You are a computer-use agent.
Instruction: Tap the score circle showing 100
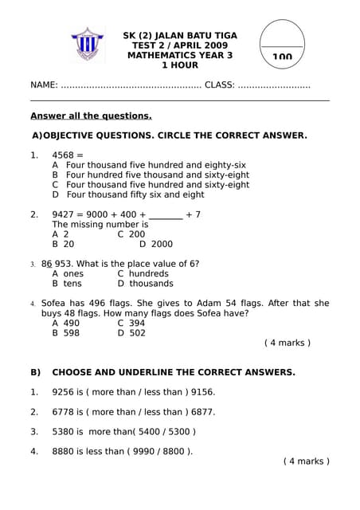(x=282, y=47)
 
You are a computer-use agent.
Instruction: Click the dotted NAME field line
(x=131, y=85)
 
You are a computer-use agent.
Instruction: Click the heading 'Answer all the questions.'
(x=91, y=116)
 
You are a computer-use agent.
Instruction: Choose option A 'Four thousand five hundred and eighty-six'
(x=149, y=165)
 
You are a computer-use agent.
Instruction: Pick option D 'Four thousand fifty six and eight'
(x=128, y=194)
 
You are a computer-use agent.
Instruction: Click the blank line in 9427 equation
(x=165, y=214)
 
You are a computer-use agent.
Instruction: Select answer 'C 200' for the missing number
(x=131, y=234)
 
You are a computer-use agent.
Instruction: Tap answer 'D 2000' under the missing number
(x=156, y=245)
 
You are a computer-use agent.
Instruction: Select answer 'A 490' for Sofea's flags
(x=66, y=324)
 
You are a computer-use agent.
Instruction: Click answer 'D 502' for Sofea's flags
(x=131, y=333)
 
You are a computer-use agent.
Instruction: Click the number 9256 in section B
(x=63, y=392)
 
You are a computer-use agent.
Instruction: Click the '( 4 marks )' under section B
(x=306, y=461)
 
